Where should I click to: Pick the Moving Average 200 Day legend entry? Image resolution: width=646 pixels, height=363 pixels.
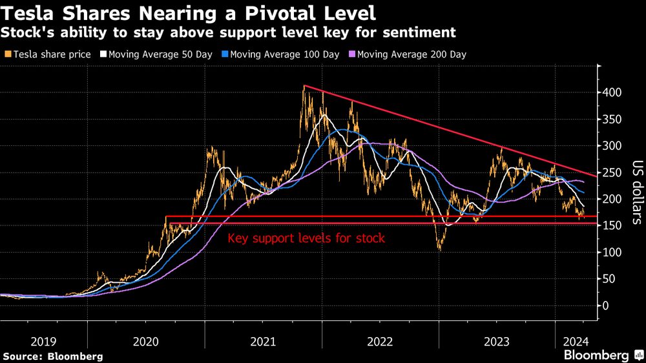point(407,54)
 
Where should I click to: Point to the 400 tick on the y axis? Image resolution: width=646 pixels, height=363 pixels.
point(613,93)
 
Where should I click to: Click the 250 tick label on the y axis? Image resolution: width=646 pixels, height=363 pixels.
point(613,172)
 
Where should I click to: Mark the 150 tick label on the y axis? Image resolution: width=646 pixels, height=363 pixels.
point(613,225)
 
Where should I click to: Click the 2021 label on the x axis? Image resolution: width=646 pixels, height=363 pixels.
point(264,340)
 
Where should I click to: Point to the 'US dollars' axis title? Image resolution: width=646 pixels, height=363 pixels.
point(636,192)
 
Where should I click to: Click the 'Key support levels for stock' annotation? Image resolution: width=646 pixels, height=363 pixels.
point(306,238)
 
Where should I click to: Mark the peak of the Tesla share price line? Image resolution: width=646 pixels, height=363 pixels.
point(304,87)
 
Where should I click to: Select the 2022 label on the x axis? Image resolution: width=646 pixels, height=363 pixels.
point(380,340)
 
